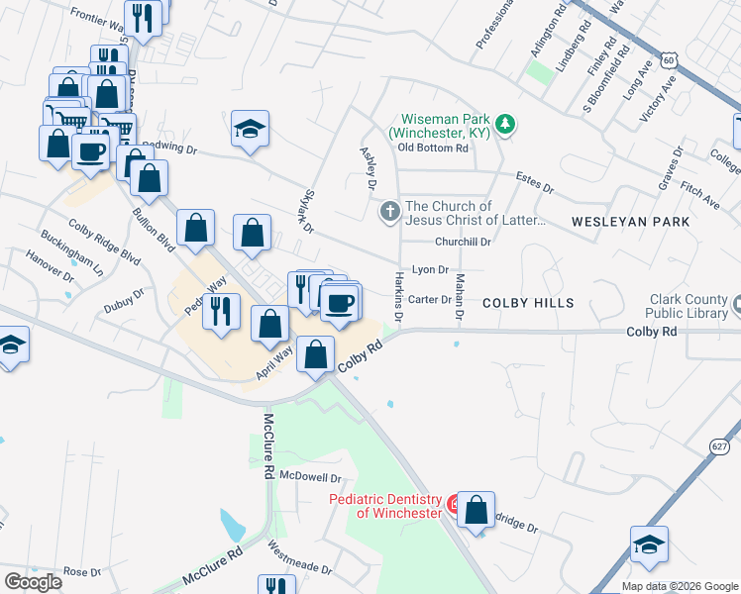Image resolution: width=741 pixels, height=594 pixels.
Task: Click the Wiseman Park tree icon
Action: point(506,123)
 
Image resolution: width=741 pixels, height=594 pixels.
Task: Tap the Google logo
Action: point(33,582)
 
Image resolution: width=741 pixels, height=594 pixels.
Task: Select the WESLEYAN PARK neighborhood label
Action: point(630,222)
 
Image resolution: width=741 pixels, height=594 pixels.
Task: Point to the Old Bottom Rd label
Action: point(432,148)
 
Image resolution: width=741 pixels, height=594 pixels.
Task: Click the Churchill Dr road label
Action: point(463,242)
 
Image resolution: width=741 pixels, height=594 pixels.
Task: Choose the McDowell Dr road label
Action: point(310,476)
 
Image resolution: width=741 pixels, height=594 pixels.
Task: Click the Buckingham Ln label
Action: point(71,253)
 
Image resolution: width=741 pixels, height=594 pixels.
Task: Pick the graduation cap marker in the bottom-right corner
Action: point(649,544)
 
